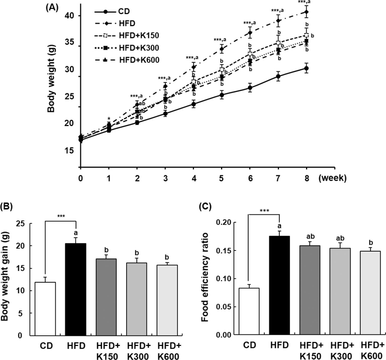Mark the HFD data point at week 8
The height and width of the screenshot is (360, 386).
306,12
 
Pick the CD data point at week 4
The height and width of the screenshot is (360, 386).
193,104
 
